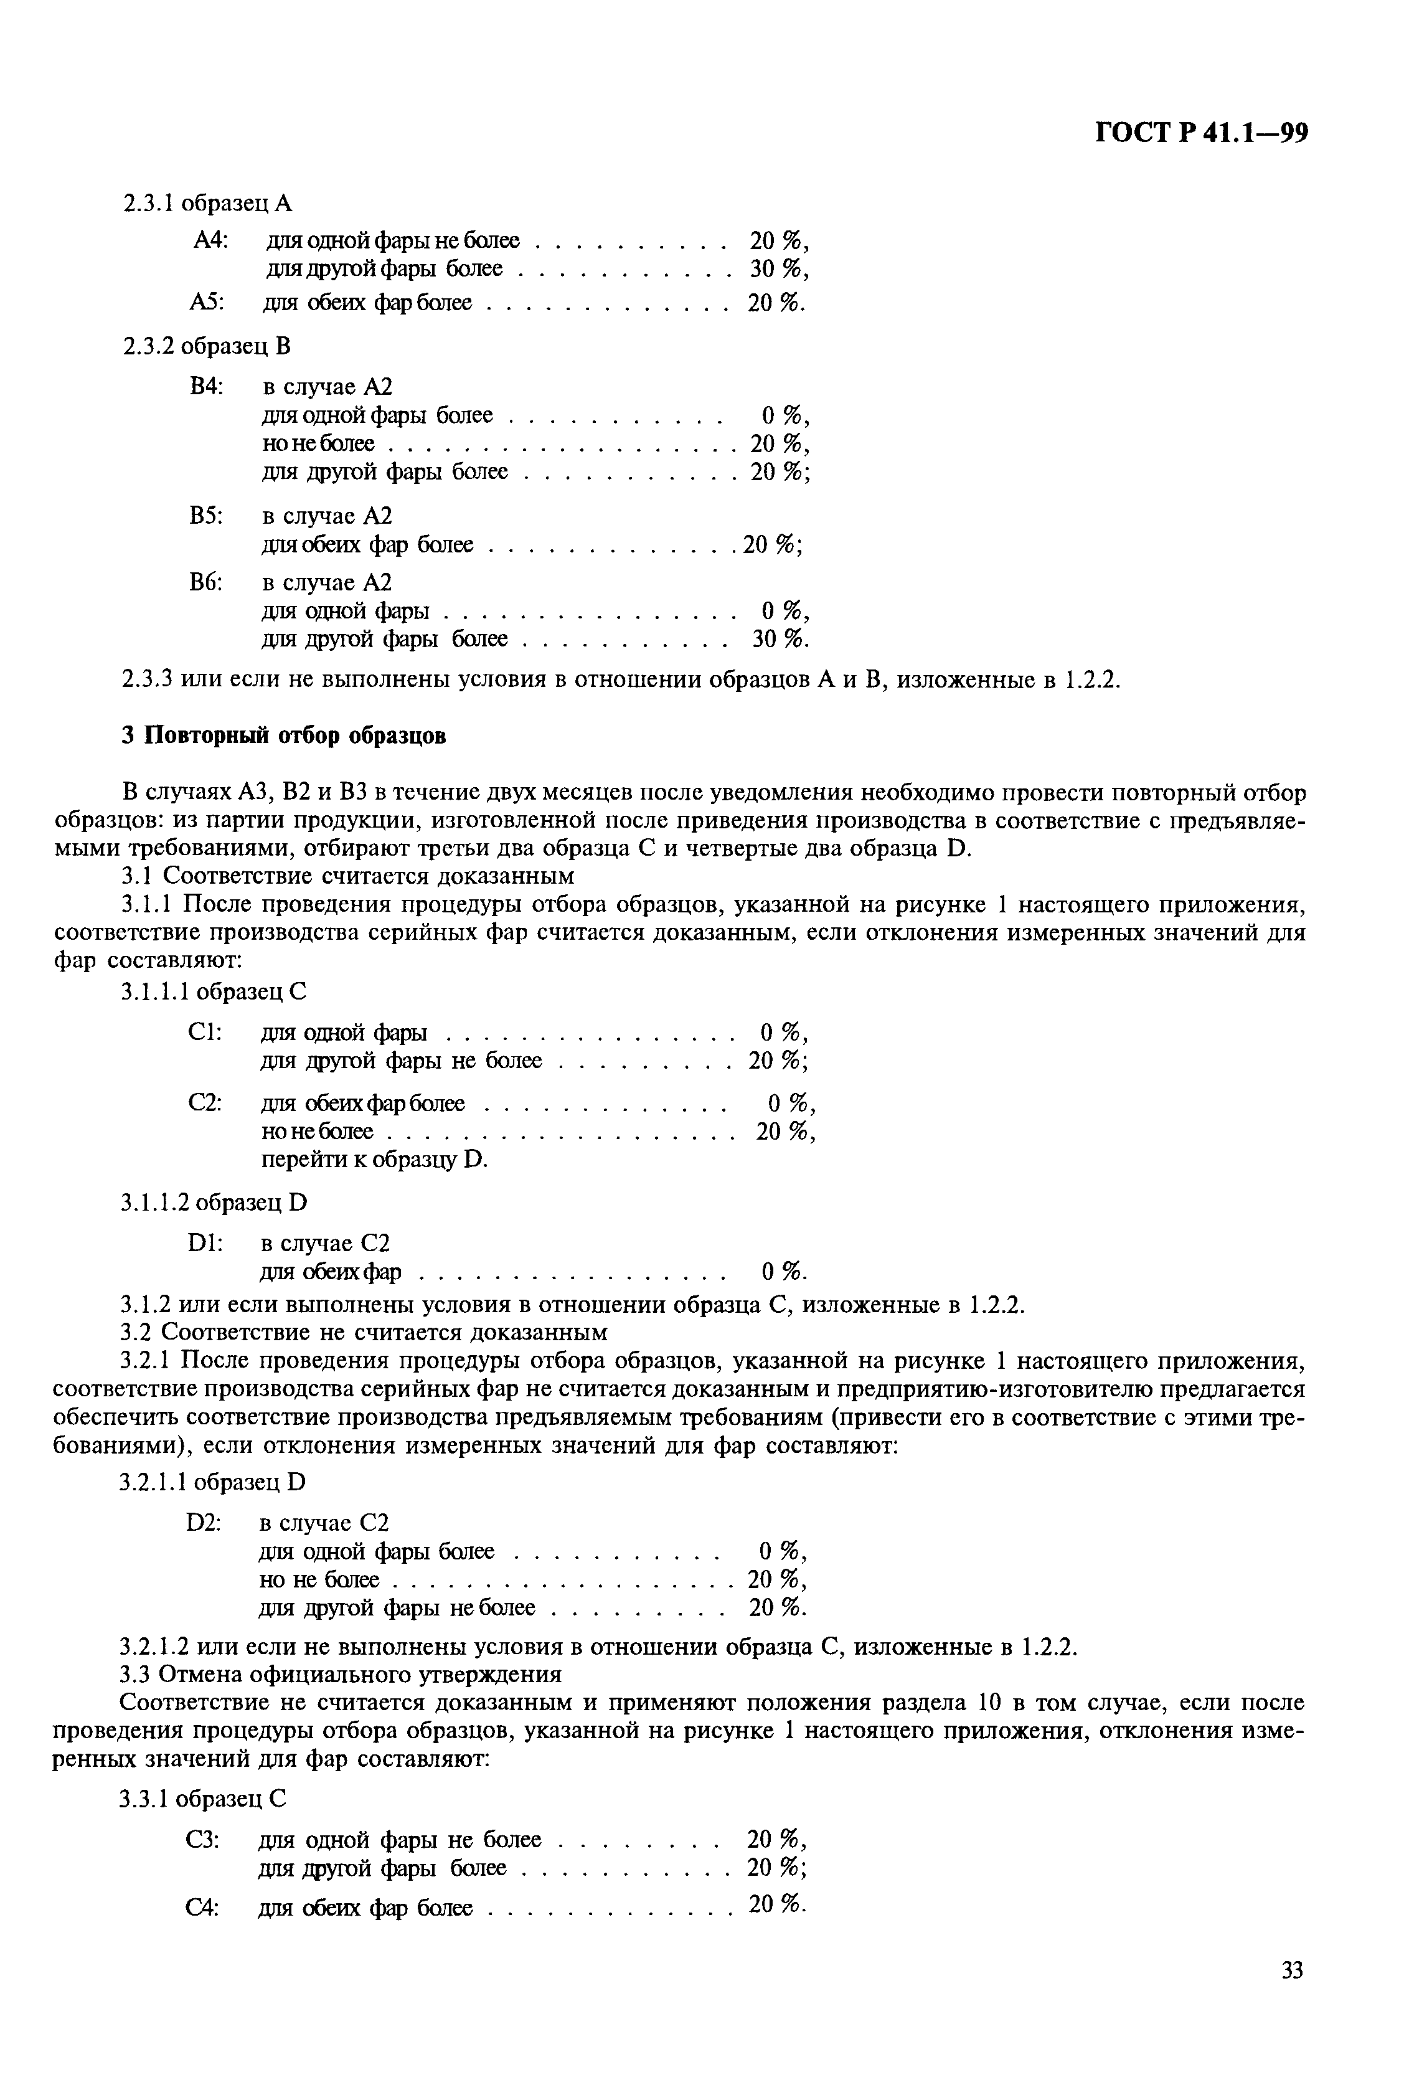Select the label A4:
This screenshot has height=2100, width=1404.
pos(211,241)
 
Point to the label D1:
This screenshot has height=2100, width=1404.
pos(205,1243)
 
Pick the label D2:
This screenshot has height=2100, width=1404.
pos(204,1523)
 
